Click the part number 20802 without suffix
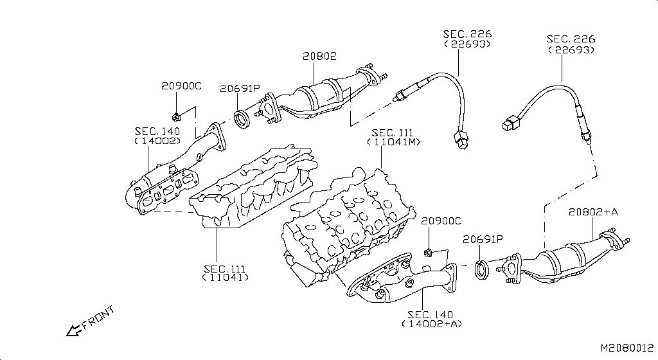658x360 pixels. coord(319,57)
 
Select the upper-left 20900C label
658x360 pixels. coord(181,86)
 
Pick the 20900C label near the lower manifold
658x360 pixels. coord(441,221)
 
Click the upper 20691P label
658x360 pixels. coord(240,89)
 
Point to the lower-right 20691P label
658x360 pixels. coord(483,239)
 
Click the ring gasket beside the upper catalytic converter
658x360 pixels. coord(242,118)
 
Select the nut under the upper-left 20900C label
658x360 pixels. coord(175,116)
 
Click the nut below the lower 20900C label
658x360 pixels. coord(428,249)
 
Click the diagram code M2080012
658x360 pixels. coord(627,348)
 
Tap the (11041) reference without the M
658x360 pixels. coord(225,278)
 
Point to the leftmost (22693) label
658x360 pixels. coord(467,44)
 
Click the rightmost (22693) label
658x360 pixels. coord(571,50)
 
